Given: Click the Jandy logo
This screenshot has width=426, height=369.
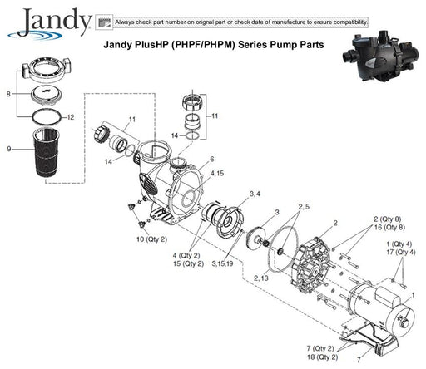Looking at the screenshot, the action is pyautogui.click(x=50, y=23).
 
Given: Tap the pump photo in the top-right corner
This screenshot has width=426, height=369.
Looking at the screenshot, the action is pyautogui.click(x=383, y=56).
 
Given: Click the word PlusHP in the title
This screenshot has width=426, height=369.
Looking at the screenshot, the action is pyautogui.click(x=151, y=45).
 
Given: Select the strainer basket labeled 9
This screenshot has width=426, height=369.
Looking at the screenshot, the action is pyautogui.click(x=46, y=153).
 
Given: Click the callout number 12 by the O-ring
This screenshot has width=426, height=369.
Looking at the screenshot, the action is pyautogui.click(x=71, y=117).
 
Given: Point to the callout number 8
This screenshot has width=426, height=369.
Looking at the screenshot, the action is pyautogui.click(x=8, y=94).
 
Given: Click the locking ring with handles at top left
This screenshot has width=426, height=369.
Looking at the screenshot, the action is pyautogui.click(x=47, y=70).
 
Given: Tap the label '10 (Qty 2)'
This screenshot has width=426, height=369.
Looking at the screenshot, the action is pyautogui.click(x=151, y=239).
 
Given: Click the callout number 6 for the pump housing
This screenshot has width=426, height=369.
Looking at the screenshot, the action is pyautogui.click(x=212, y=159).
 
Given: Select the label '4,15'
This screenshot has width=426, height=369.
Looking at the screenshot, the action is pyautogui.click(x=217, y=174).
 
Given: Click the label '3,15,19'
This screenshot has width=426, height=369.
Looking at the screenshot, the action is pyautogui.click(x=222, y=263).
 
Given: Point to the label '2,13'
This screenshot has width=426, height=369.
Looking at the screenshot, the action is pyautogui.click(x=261, y=278).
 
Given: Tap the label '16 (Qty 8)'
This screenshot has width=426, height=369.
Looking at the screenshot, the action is pyautogui.click(x=389, y=228).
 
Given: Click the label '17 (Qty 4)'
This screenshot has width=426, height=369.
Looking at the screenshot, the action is pyautogui.click(x=401, y=253).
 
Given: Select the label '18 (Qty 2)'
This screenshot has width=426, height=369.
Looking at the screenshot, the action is pyautogui.click(x=322, y=357).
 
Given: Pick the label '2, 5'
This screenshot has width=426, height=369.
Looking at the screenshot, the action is pyautogui.click(x=304, y=207).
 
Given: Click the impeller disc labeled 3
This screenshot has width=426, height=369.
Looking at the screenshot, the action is pyautogui.click(x=254, y=238).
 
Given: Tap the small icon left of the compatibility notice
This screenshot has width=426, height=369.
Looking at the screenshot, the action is pyautogui.click(x=104, y=22).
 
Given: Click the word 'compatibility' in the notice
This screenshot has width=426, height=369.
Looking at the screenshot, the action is pyautogui.click(x=350, y=22).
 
